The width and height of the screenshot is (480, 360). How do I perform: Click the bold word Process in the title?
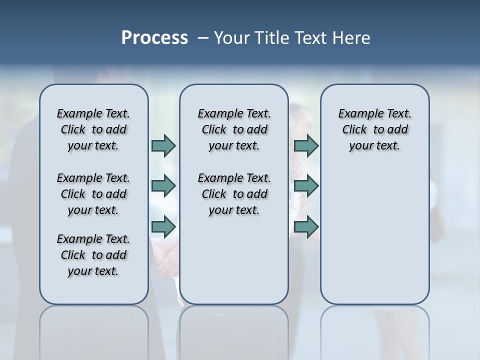(154, 38)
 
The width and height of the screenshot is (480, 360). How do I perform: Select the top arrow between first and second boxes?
(163, 145)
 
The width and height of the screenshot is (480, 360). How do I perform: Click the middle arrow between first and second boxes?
(163, 186)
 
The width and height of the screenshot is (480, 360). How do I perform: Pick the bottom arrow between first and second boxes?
(163, 226)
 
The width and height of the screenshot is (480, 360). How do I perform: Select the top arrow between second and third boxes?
(306, 145)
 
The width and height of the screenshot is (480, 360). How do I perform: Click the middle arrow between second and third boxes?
(306, 186)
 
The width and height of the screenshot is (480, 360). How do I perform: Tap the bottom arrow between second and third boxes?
(306, 226)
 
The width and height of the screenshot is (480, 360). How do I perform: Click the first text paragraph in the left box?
(93, 129)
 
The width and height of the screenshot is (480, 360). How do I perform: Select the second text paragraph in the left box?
(93, 194)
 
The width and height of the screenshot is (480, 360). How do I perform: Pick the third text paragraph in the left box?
(93, 255)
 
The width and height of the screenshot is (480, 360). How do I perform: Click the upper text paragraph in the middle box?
(234, 129)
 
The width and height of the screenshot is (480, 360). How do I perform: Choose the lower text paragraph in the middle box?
(234, 194)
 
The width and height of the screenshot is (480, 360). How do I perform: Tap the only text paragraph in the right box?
(374, 129)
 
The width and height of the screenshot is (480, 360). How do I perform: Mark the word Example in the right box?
(356, 113)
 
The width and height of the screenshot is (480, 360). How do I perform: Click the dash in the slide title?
(203, 38)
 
